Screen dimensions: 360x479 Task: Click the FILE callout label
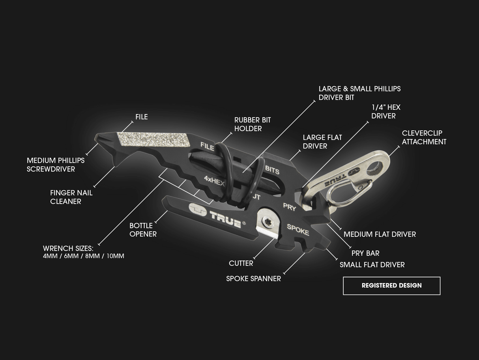[141, 117]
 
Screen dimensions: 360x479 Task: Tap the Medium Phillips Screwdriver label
[56, 165]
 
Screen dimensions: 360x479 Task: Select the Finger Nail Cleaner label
[71, 197]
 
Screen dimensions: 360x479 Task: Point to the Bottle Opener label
[143, 230]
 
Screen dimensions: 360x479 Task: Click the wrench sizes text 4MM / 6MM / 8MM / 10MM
[83, 256]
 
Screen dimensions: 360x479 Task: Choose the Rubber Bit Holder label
[253, 124]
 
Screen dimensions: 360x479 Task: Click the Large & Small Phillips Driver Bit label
[359, 93]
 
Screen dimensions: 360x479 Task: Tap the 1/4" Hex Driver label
[385, 112]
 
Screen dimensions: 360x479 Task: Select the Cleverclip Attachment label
[424, 137]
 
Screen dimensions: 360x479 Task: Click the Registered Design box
[391, 285]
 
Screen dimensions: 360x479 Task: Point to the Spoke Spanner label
[253, 279]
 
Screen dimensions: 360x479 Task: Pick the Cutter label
[241, 263]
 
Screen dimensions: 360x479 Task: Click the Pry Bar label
[365, 253]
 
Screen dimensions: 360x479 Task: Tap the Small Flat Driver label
[372, 265]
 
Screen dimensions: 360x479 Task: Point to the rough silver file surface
[154, 139]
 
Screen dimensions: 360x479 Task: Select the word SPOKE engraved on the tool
[298, 230]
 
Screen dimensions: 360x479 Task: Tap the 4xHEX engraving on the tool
[214, 181]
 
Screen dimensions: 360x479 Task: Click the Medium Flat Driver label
[380, 234]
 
